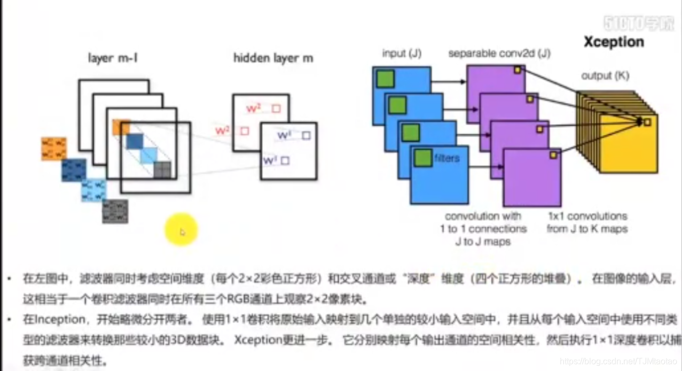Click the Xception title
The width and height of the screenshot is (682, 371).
613,42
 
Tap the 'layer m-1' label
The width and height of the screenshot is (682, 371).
113,58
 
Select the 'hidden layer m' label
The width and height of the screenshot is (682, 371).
273,58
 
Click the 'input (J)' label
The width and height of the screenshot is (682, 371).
402,53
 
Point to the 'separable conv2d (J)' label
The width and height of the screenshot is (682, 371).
499,53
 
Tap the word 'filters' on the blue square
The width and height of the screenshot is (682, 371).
446,158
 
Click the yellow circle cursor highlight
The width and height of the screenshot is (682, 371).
182,230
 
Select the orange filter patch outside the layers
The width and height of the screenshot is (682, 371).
54,149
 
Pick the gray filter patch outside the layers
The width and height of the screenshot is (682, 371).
115,211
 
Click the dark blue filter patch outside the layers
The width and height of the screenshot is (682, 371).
74,170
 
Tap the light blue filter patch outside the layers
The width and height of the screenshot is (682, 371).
94,191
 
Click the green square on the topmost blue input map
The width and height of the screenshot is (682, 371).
385,79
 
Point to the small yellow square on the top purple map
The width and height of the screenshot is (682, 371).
517,70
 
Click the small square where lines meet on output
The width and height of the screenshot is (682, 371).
647,122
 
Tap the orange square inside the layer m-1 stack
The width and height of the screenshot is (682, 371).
121,127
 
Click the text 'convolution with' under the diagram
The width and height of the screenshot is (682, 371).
483,217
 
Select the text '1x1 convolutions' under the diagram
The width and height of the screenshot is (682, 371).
587,217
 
